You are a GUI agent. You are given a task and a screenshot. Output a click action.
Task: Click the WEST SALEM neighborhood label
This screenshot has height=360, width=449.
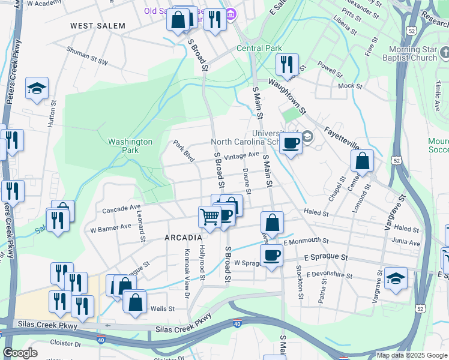tap(98, 26)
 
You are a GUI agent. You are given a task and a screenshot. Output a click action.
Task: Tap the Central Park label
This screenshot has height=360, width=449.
tap(259, 48)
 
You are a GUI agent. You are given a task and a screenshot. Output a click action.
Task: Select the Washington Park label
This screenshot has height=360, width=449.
tap(130, 146)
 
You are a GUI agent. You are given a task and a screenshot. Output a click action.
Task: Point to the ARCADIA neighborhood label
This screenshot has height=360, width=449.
tap(183, 238)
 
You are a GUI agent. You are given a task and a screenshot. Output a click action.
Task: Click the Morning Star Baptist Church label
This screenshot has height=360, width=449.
tap(404, 53)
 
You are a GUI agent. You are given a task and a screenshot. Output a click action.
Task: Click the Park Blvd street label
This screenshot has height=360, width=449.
tap(184, 151)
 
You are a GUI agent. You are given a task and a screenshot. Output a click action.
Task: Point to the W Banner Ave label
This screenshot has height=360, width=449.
tap(110, 228)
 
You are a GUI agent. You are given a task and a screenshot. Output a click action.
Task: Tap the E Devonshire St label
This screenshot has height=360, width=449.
tap(328, 275)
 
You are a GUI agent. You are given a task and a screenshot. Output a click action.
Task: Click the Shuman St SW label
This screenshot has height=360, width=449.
tap(87, 57)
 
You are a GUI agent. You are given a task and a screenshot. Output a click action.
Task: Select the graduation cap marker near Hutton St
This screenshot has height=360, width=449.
tap(37, 89)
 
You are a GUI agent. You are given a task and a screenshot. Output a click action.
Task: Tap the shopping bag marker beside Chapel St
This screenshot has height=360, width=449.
tap(362, 161)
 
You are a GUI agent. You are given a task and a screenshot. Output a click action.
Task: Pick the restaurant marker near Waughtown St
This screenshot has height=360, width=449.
tap(287, 65)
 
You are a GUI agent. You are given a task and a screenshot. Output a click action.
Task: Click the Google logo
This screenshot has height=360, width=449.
tap(20, 353)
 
